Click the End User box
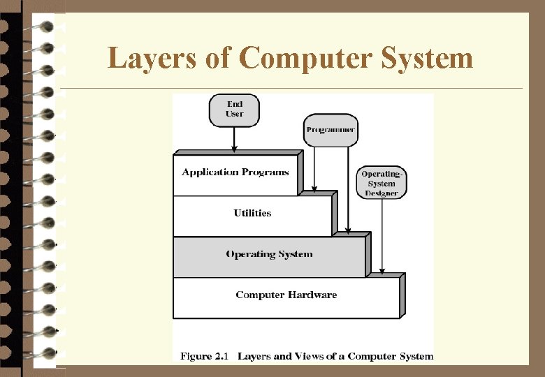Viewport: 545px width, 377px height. click(x=234, y=110)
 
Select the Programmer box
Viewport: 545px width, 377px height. click(x=330, y=130)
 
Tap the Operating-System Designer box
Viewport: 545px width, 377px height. click(x=381, y=182)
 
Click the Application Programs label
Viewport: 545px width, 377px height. click(x=235, y=172)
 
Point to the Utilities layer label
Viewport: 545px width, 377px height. click(x=252, y=213)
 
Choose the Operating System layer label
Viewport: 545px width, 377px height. click(x=269, y=254)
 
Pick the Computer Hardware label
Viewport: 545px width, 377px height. click(x=286, y=295)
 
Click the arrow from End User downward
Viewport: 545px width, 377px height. click(x=234, y=140)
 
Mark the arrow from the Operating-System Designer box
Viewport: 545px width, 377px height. click(x=381, y=237)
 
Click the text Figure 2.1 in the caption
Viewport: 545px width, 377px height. click(x=204, y=356)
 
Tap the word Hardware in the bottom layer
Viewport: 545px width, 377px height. click(x=312, y=295)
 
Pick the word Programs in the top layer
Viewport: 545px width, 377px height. click(x=266, y=172)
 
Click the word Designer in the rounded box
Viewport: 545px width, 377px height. click(x=381, y=193)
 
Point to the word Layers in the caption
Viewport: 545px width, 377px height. click(x=255, y=356)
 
